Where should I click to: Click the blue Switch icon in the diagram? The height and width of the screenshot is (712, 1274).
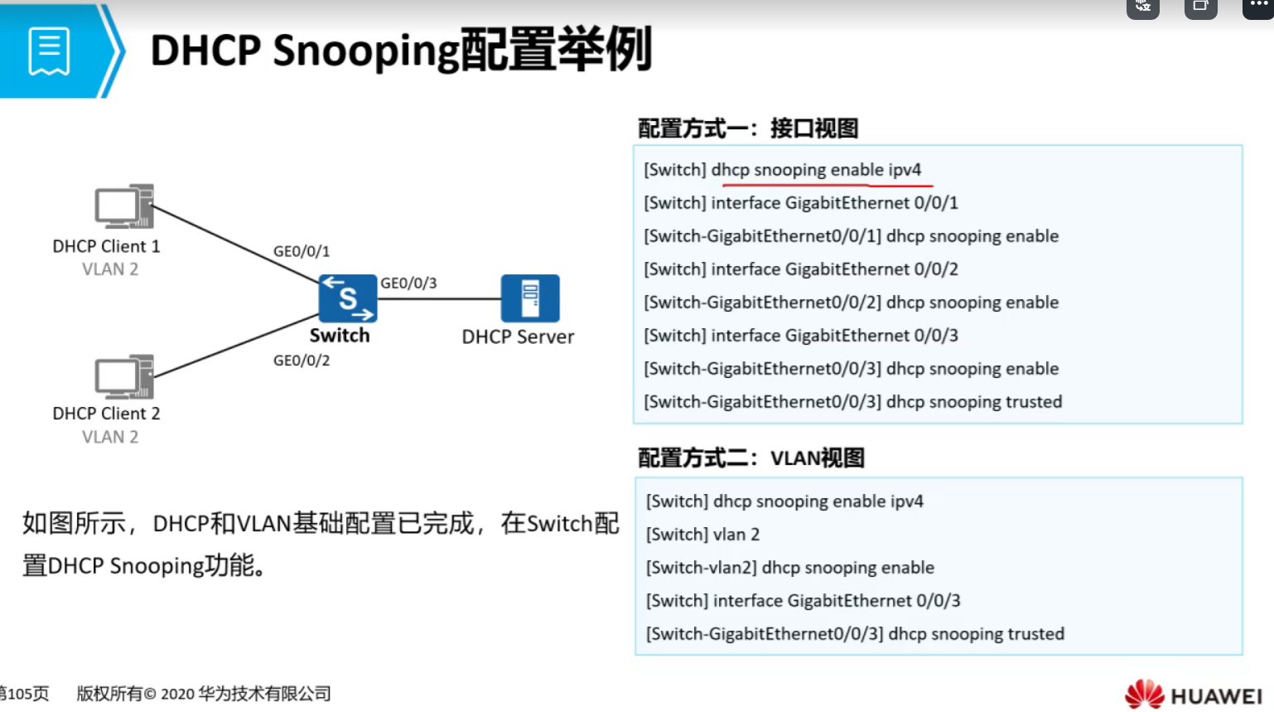(x=348, y=298)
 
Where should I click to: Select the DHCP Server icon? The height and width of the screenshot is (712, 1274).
(x=530, y=298)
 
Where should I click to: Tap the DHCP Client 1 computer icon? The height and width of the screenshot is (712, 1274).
(x=124, y=206)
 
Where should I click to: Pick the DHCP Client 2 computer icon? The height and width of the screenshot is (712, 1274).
(x=124, y=377)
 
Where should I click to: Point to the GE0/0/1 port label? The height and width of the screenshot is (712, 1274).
(x=302, y=251)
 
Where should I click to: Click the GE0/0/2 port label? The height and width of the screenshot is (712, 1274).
(x=302, y=361)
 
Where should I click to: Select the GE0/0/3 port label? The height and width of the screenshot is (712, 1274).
(x=408, y=283)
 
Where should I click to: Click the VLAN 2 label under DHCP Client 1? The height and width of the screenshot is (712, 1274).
(x=110, y=269)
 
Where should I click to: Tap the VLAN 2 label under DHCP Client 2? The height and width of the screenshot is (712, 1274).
(x=110, y=437)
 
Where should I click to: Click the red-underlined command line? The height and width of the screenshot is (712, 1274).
(x=783, y=170)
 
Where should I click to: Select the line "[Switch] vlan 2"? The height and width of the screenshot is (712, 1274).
(x=702, y=535)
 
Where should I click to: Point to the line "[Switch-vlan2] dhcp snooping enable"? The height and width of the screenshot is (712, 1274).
(x=790, y=568)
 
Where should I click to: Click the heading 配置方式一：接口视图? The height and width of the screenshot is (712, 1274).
(x=748, y=128)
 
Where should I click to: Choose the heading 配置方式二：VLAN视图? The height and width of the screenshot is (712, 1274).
(x=751, y=458)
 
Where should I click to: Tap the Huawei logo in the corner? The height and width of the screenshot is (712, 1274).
(x=1193, y=695)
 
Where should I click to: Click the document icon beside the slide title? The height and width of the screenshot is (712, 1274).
(x=49, y=51)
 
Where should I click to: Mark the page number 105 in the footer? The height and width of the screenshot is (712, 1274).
(x=25, y=694)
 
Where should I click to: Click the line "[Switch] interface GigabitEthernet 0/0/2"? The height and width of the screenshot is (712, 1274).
(x=801, y=269)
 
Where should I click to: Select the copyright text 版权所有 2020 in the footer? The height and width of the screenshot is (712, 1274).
(x=204, y=694)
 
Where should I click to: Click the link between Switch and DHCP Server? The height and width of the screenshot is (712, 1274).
(x=439, y=299)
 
